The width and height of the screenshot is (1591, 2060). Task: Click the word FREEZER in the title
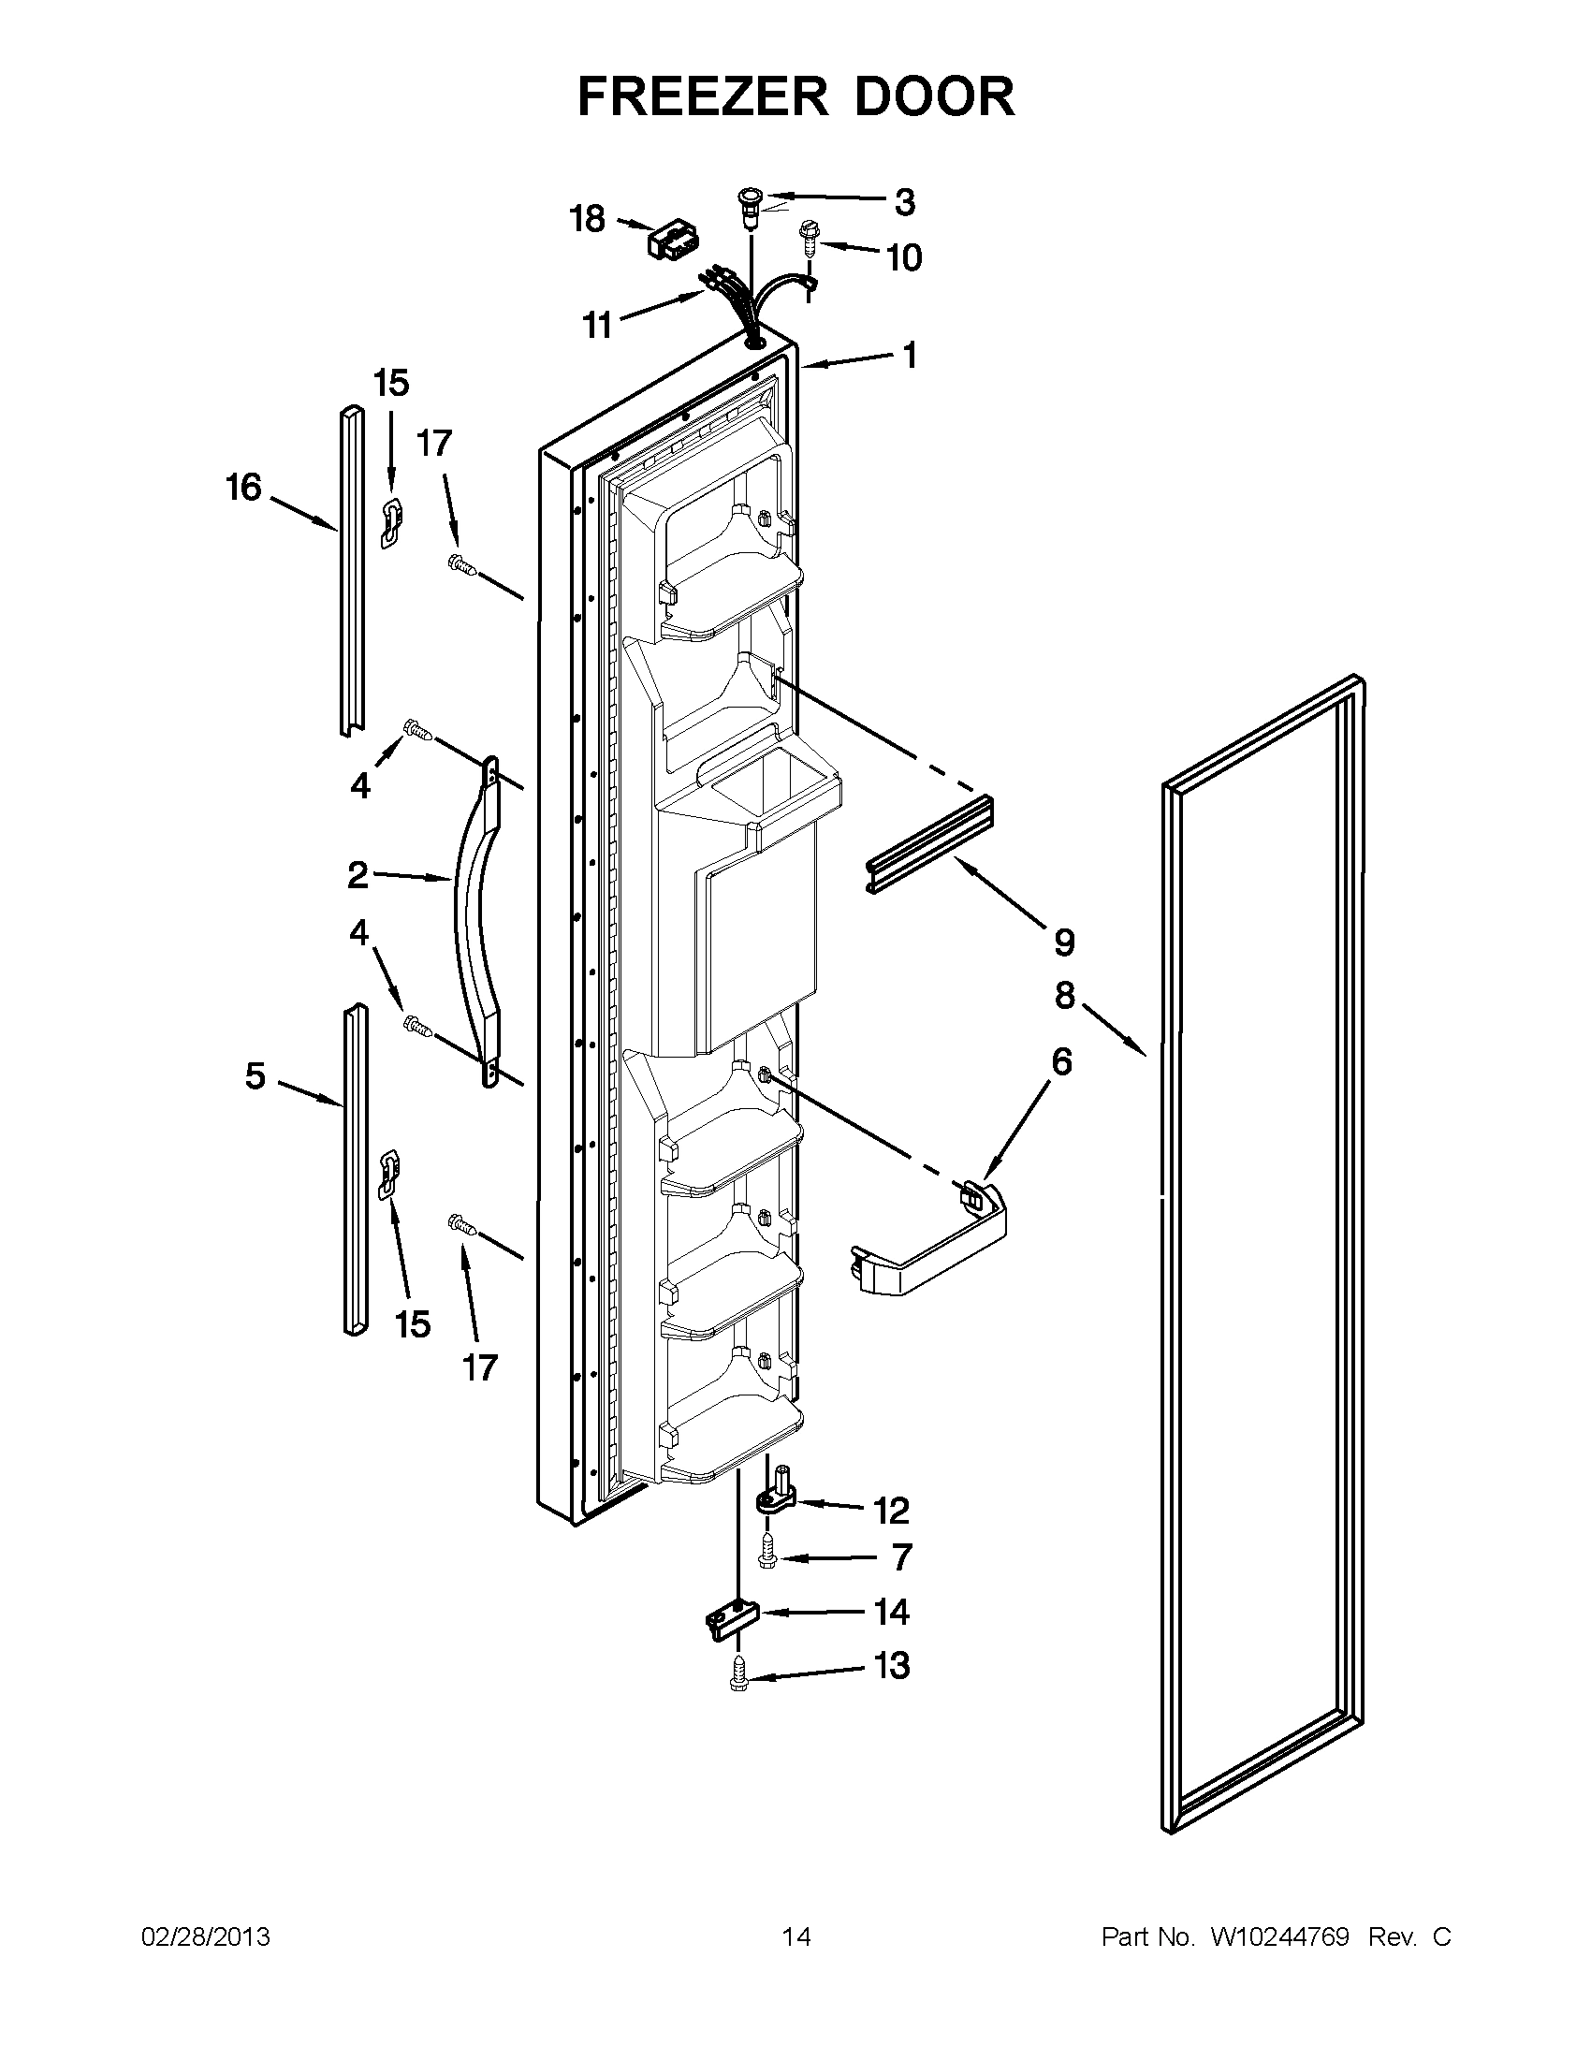706,96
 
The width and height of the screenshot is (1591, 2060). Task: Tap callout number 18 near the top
587,219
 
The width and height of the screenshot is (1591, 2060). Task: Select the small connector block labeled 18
665,241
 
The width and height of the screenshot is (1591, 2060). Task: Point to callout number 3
903,201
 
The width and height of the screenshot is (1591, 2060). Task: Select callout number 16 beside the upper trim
242,488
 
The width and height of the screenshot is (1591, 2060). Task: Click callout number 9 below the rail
1063,941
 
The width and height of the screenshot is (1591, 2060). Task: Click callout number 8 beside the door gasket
1065,995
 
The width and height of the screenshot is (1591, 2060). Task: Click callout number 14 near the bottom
891,1612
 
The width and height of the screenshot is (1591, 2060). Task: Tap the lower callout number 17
479,1366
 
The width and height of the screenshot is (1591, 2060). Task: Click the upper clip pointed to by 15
390,522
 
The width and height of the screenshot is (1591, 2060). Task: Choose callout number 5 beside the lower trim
255,1075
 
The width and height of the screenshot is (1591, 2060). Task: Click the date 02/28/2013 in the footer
205,1937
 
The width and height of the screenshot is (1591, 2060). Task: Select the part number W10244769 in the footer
1278,1937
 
